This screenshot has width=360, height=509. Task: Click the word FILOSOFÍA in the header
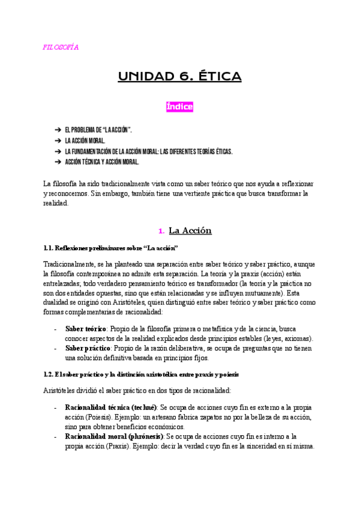pyautogui.click(x=61, y=47)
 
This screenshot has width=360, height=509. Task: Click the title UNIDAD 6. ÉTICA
pyautogui.click(x=179, y=76)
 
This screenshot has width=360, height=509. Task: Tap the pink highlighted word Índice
pyautogui.click(x=179, y=107)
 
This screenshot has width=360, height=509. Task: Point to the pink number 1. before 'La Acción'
pyautogui.click(x=161, y=230)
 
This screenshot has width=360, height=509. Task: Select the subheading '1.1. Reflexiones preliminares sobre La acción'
pyautogui.click(x=111, y=248)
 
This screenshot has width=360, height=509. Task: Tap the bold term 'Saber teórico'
pyautogui.click(x=86, y=328)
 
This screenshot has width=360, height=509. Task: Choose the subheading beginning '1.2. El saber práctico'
pyautogui.click(x=142, y=375)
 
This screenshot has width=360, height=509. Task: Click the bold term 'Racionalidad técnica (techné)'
pyautogui.click(x=111, y=407)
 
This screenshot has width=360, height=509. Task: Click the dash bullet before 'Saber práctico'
pyautogui.click(x=55, y=348)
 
